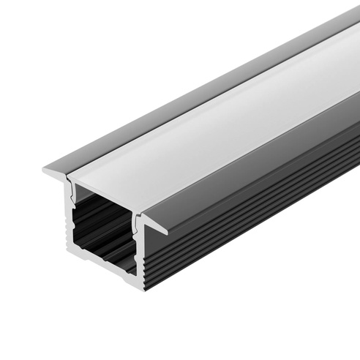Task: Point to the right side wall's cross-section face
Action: (x=137, y=249)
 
